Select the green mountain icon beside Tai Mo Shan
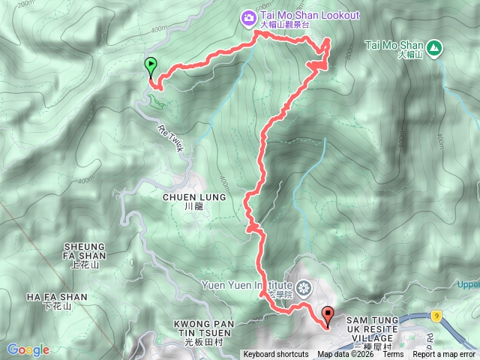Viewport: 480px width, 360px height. point(436,46)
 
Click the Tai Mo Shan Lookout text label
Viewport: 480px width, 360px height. point(310,16)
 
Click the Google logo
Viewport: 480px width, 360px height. point(28,349)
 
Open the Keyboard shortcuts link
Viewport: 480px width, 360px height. point(275,355)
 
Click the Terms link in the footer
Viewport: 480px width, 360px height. point(393,355)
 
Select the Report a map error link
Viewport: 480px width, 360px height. point(444,355)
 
